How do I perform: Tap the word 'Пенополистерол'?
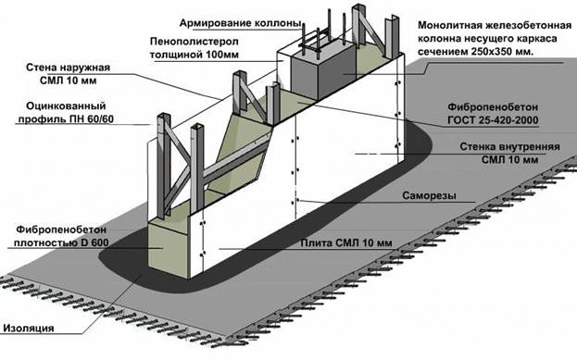(x=194, y=42)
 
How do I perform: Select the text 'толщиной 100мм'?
(x=194, y=55)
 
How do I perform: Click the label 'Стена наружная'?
(x=69, y=68)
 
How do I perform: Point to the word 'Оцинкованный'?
(x=66, y=106)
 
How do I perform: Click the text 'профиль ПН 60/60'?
(x=66, y=119)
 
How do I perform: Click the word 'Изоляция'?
(x=29, y=329)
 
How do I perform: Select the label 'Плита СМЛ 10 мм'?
(x=346, y=243)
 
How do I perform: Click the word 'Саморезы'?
(x=429, y=195)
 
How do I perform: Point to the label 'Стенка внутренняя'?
(x=509, y=147)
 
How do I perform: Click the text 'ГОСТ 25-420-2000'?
(x=493, y=120)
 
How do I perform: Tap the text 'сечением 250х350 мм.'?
(x=475, y=52)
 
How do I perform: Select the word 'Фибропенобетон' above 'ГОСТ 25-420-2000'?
(x=493, y=107)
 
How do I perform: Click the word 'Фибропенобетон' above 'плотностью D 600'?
(x=61, y=230)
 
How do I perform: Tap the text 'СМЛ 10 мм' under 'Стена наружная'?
(x=69, y=81)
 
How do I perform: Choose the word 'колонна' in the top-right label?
(x=439, y=39)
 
